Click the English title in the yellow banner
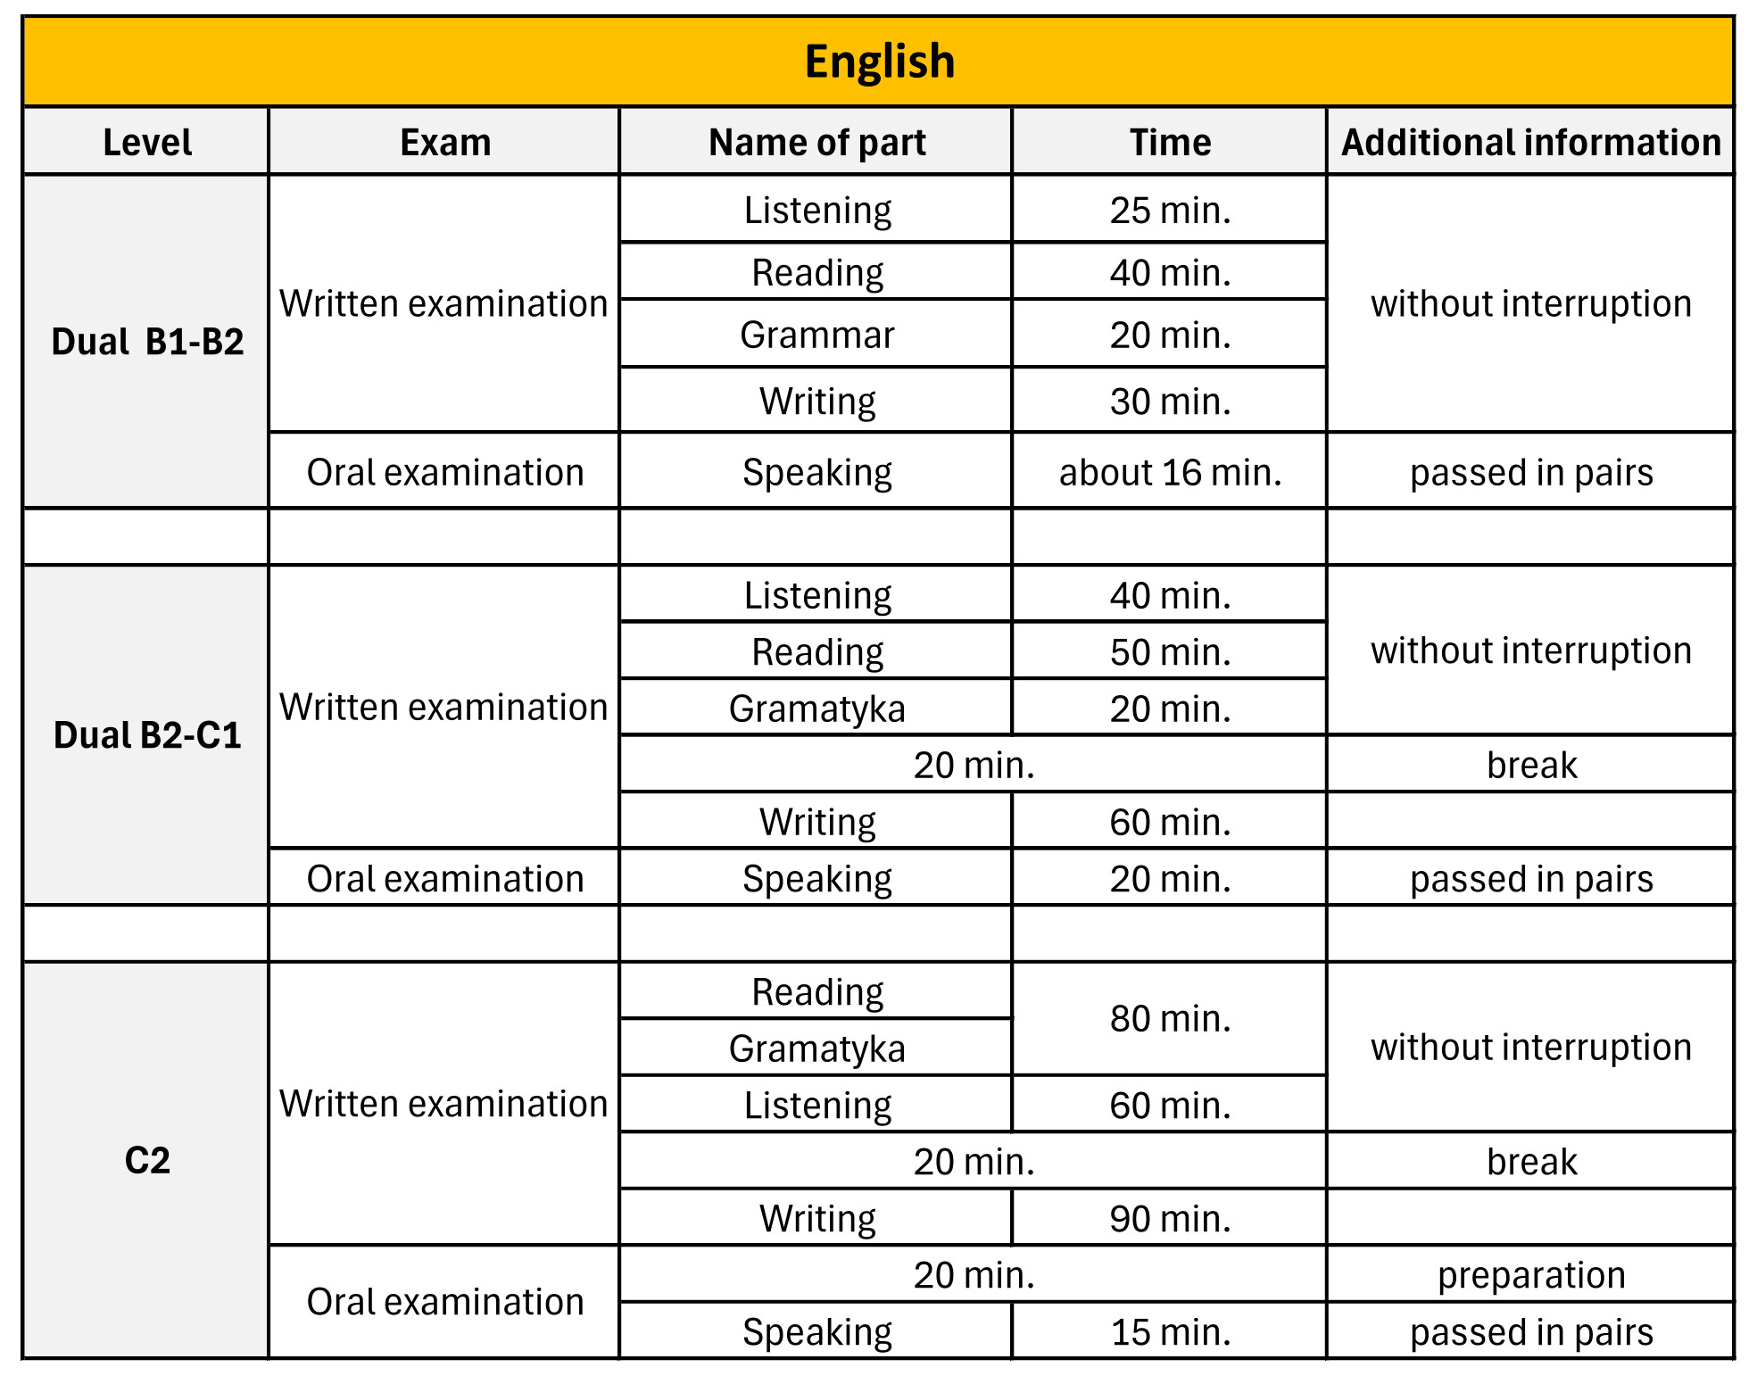pyautogui.click(x=879, y=62)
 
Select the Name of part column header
pyautogui.click(x=816, y=143)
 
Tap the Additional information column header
pyautogui.click(x=1530, y=143)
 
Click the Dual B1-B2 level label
pyautogui.click(x=147, y=342)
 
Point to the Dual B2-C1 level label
pyautogui.click(x=147, y=735)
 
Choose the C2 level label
pyautogui.click(x=147, y=1160)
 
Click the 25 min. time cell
pyautogui.click(x=1170, y=211)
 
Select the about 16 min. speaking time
pyautogui.click(x=1170, y=472)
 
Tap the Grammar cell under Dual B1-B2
pyautogui.click(x=816, y=336)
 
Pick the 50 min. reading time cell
pyautogui.click(x=1170, y=652)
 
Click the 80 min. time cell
pyautogui.click(x=1170, y=1019)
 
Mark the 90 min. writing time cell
pyautogui.click(x=1170, y=1219)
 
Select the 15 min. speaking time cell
pyautogui.click(x=1170, y=1332)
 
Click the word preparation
pyautogui.click(x=1530, y=1275)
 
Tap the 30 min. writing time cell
pyautogui.click(x=1170, y=402)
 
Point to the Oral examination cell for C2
pyautogui.click(x=444, y=1302)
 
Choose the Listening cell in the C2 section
pyautogui.click(x=816, y=1106)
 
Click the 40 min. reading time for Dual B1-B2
pyautogui.click(x=1170, y=273)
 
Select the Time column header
pyautogui.click(x=1170, y=143)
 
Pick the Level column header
pyautogui.click(x=147, y=143)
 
